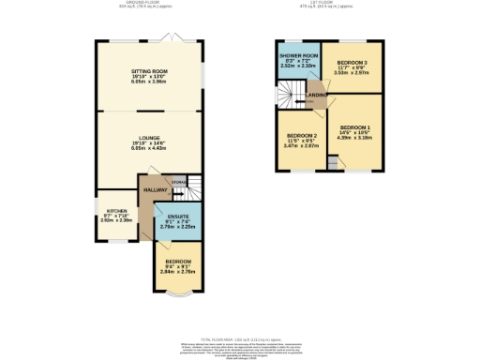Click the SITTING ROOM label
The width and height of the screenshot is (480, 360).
[x=148, y=70]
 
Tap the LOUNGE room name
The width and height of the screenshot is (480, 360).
[x=148, y=138]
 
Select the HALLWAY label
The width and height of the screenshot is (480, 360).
[x=155, y=190]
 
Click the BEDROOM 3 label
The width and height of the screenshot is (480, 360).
[x=352, y=62]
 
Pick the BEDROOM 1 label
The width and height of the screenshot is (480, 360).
[x=356, y=127]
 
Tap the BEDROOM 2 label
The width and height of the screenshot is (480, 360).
[x=302, y=137]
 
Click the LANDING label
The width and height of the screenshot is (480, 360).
[x=319, y=94]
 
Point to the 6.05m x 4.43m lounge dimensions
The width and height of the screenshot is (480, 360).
[x=148, y=148]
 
